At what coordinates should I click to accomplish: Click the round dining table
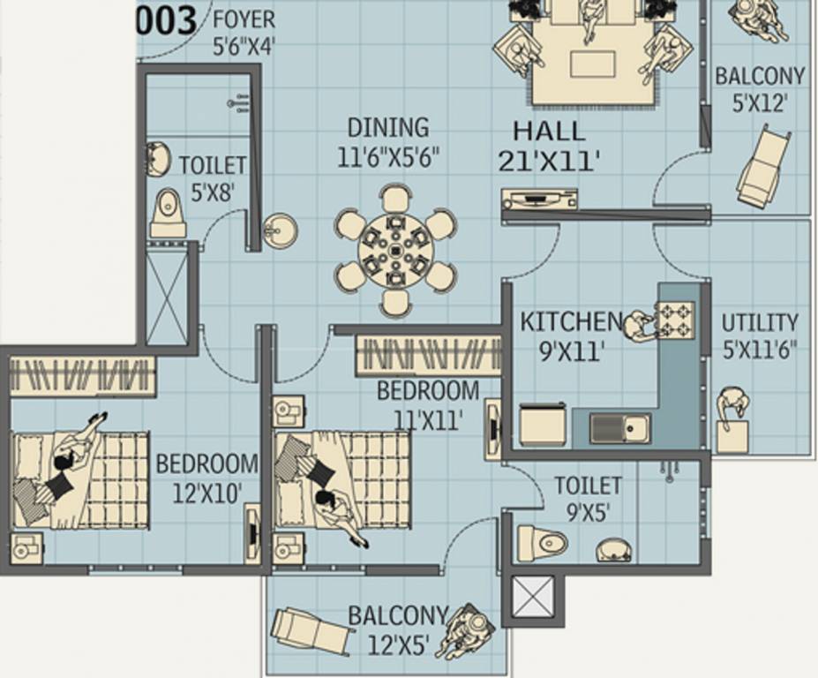click(x=395, y=251)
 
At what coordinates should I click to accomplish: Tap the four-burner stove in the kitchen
click(x=675, y=319)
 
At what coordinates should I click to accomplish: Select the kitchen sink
click(x=619, y=428)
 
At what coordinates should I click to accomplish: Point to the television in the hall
click(x=539, y=200)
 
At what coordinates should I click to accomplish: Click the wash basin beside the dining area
click(x=280, y=231)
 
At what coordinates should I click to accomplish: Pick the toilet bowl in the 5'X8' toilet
click(x=168, y=212)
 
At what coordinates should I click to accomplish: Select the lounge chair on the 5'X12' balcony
click(x=762, y=168)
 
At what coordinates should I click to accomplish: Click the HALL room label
click(x=549, y=132)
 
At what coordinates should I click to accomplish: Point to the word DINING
click(x=387, y=128)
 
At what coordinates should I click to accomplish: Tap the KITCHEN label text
click(x=570, y=322)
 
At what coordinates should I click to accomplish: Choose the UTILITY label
click(x=759, y=322)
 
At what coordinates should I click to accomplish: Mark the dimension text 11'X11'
click(x=427, y=419)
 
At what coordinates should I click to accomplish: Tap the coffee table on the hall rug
click(x=592, y=64)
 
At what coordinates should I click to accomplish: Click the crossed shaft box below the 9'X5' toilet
click(x=534, y=597)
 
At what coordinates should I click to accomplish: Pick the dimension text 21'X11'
click(x=549, y=161)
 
